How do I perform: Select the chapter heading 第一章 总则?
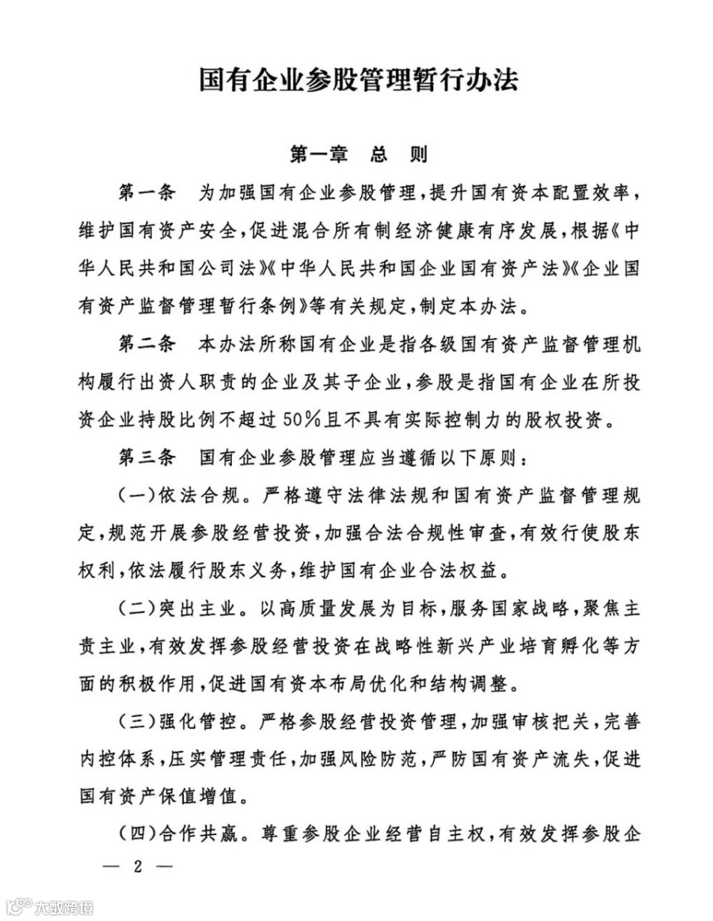coord(358,155)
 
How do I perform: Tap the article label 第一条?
coord(147,193)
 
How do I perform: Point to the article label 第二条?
coord(147,345)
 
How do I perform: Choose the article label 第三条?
coord(147,458)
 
